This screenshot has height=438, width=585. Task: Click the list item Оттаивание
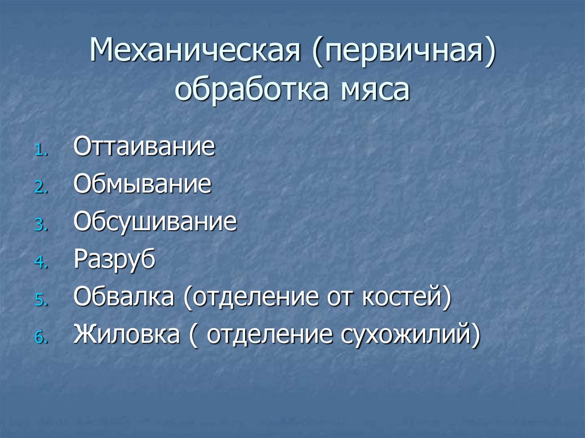(144, 147)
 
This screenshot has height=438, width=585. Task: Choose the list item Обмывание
(142, 184)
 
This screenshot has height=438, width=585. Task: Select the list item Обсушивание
(155, 222)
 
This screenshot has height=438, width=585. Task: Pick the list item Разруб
(114, 260)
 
